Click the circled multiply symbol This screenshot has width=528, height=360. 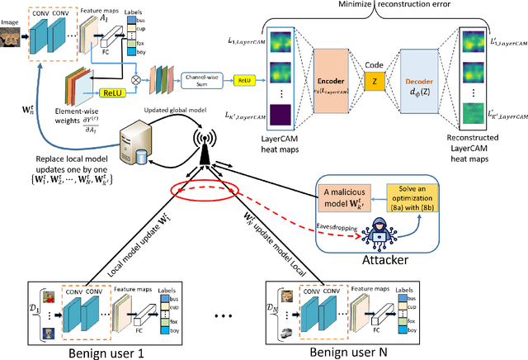[x=148, y=81]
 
